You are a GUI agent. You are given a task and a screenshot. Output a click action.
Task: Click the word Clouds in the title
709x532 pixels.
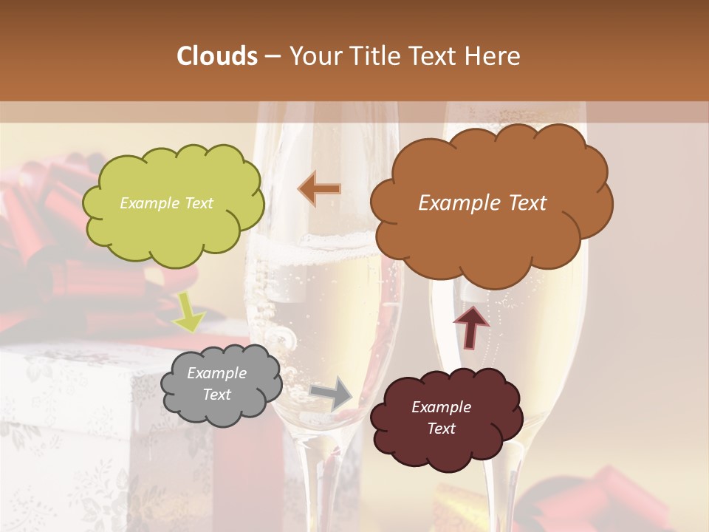pyautogui.click(x=217, y=56)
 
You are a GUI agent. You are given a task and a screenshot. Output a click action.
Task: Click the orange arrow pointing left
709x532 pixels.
pyautogui.click(x=320, y=188)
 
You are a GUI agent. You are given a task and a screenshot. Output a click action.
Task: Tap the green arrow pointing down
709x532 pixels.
pyautogui.click(x=188, y=311)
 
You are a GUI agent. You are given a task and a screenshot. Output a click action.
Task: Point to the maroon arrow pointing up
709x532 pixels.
pyautogui.click(x=471, y=326)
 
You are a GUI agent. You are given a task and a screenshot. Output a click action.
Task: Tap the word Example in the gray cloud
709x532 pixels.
pyautogui.click(x=216, y=373)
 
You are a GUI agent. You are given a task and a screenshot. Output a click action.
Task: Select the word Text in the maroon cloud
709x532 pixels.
pyautogui.click(x=442, y=429)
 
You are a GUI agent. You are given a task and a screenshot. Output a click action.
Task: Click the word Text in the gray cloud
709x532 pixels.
pyautogui.click(x=216, y=395)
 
